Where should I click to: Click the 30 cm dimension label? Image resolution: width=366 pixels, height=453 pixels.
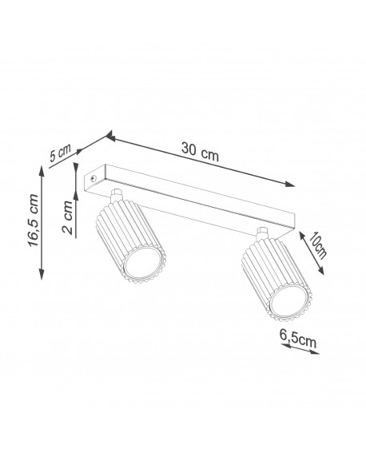pyautogui.click(x=200, y=152)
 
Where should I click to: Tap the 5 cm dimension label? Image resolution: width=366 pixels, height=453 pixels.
pyautogui.click(x=60, y=153)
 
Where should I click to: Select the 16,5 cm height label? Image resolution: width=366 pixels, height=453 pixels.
pyautogui.click(x=34, y=221)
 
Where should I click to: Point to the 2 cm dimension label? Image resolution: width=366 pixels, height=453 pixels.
pyautogui.click(x=67, y=217)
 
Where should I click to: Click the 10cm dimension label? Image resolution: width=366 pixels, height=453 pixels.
pyautogui.click(x=318, y=245)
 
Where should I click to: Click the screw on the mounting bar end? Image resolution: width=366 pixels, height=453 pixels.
pyautogui.click(x=93, y=178)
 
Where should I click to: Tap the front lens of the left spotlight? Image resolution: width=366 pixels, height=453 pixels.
pyautogui.click(x=142, y=263)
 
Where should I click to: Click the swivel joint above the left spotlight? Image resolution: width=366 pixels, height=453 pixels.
pyautogui.click(x=116, y=195)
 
